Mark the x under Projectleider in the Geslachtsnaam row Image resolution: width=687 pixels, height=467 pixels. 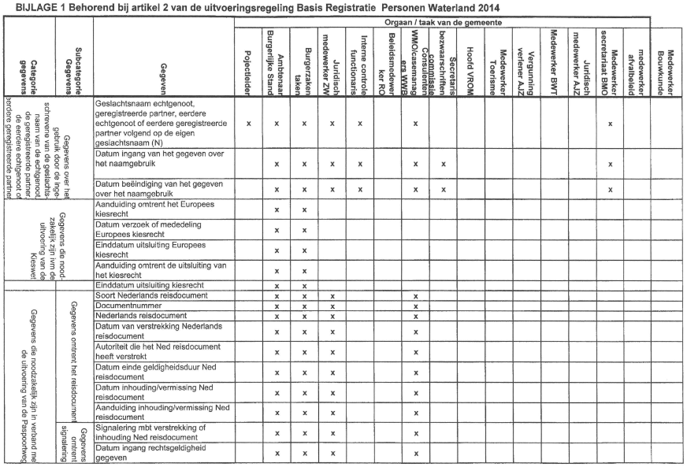click(x=249, y=124)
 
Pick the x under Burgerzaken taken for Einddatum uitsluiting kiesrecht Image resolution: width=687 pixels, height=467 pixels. click(x=304, y=285)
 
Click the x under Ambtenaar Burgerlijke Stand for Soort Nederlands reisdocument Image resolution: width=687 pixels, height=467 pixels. click(x=277, y=295)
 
